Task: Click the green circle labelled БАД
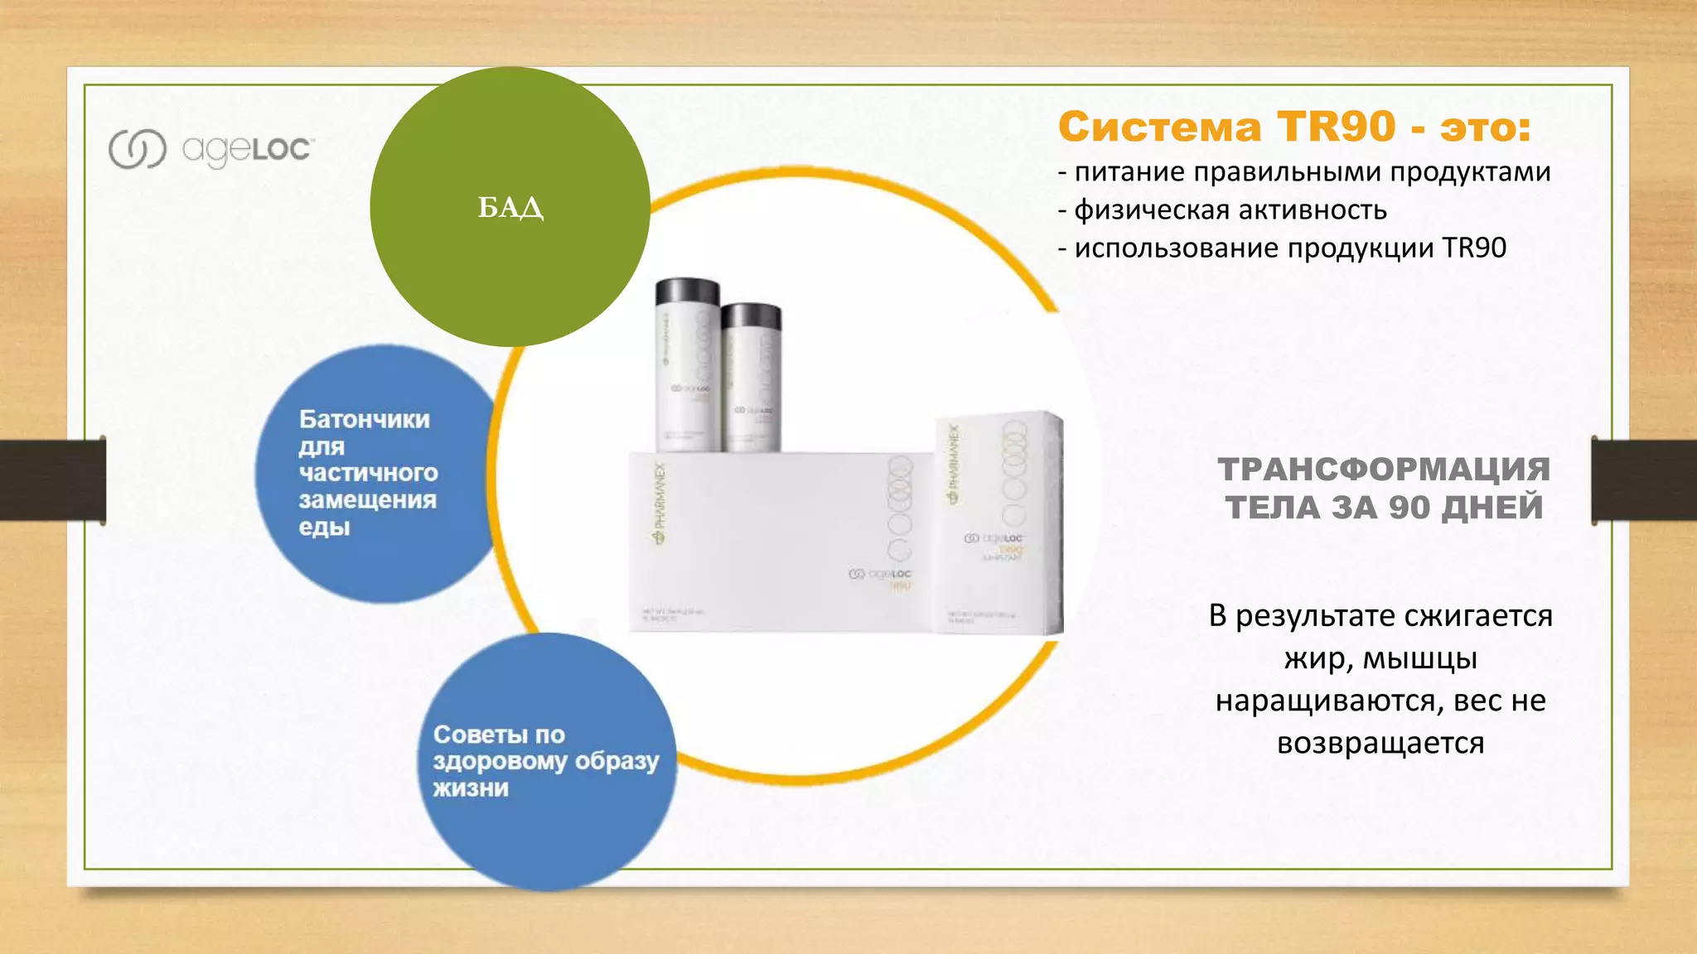tap(510, 207)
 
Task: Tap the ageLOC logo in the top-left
tap(211, 149)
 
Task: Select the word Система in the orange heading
tap(1160, 128)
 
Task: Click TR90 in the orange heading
tap(1336, 128)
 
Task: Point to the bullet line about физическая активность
tap(1222, 210)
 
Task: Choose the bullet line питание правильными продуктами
tap(1304, 172)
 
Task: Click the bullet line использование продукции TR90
tap(1282, 248)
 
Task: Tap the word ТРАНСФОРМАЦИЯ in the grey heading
tap(1384, 470)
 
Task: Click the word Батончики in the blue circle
tap(365, 419)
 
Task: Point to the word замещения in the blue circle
tap(367, 500)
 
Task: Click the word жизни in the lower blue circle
tap(471, 788)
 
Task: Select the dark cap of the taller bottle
tap(687, 291)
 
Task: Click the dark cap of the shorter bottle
tap(751, 316)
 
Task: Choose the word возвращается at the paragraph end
tap(1380, 743)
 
